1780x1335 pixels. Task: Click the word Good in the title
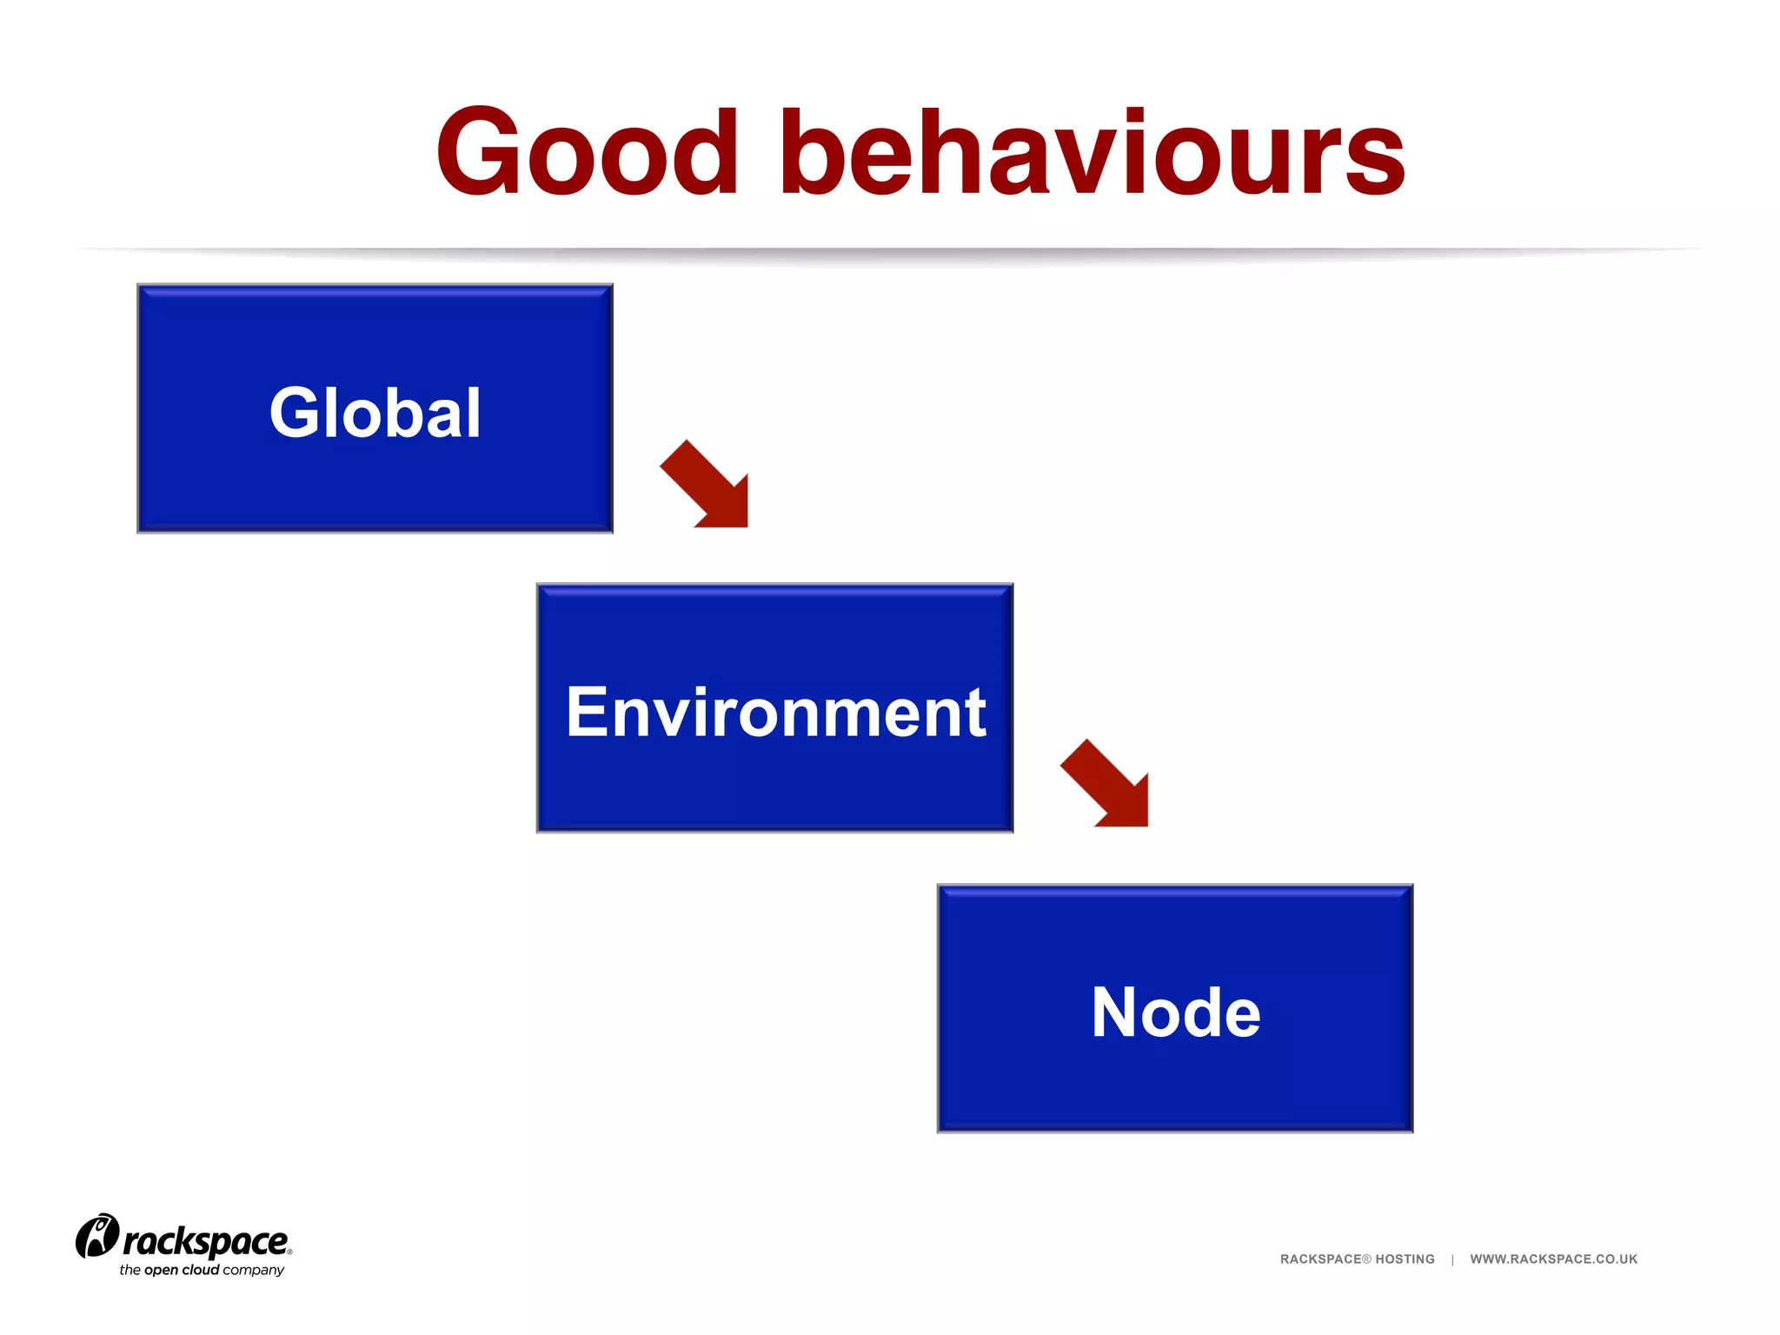[588, 153]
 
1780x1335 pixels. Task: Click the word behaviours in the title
[1092, 153]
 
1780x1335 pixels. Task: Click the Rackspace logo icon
[96, 1235]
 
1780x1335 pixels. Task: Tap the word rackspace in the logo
[205, 1241]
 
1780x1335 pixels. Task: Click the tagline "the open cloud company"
[202, 1270]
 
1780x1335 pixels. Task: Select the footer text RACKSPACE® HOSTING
[1357, 1259]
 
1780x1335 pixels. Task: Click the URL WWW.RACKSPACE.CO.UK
[1553, 1259]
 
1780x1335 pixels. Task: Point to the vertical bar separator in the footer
[1452, 1259]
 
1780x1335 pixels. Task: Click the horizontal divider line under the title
[890, 251]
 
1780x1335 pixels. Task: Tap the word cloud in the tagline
[200, 1270]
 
